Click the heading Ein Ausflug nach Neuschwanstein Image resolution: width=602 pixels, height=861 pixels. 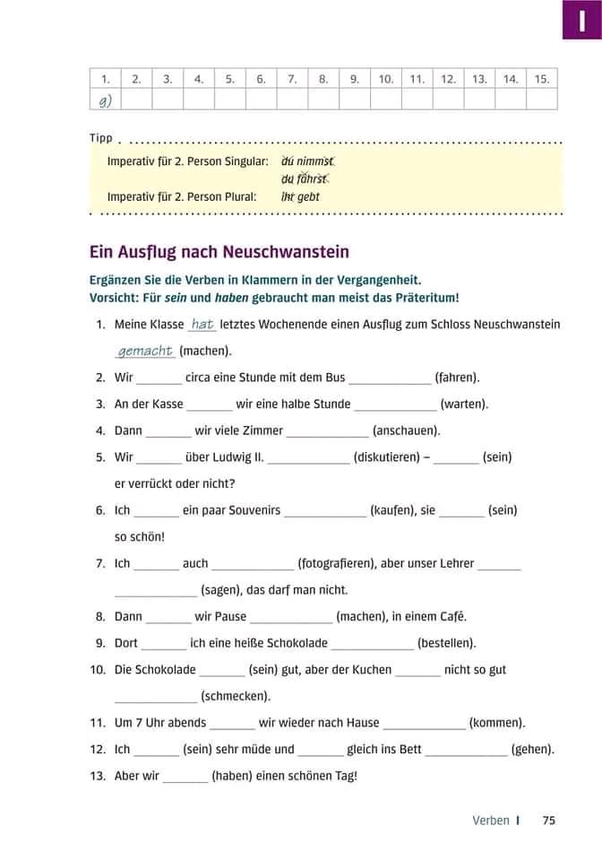tap(219, 252)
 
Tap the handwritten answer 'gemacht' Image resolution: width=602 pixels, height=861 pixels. tap(145, 351)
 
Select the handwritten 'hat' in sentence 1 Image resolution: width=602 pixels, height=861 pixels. tap(202, 325)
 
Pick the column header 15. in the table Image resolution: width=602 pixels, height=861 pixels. tap(541, 79)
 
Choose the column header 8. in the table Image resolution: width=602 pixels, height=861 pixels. tap(323, 79)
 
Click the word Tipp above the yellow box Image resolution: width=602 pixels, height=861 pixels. tap(101, 139)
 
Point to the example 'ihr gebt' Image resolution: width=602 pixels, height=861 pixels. tap(300, 196)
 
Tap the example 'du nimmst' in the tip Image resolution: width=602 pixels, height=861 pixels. tap(307, 161)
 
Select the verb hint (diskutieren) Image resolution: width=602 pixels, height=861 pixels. tap(387, 457)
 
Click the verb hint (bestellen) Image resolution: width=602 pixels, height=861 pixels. tap(447, 643)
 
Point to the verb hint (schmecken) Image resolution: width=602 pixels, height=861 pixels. tap(236, 696)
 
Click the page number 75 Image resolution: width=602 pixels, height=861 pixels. tap(549, 820)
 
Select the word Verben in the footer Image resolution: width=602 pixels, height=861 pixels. tap(491, 820)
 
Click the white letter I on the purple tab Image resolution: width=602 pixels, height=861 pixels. tap(581, 18)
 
